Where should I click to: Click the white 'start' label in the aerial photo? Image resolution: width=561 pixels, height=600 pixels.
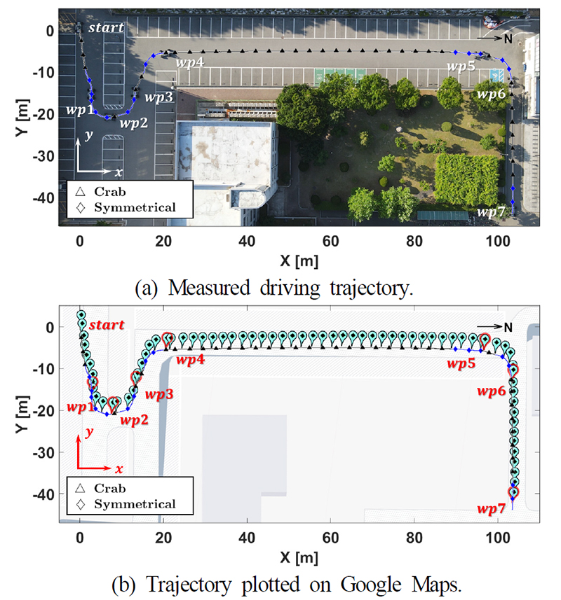tap(106, 27)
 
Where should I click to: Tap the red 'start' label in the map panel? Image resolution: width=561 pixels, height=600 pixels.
tap(107, 325)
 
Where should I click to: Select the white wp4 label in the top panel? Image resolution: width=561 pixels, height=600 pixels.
tap(189, 62)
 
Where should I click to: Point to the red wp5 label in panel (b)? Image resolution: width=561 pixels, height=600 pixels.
tap(461, 363)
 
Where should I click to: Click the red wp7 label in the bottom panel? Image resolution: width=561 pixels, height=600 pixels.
tap(491, 509)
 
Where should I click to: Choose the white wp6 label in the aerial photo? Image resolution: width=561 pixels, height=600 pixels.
tap(492, 94)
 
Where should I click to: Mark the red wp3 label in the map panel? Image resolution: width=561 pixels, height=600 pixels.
tap(159, 394)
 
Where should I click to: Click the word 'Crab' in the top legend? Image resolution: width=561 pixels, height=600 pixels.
tap(110, 191)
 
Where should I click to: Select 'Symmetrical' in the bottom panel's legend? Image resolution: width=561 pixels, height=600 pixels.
tap(135, 504)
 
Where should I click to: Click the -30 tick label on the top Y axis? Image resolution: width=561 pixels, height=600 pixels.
tap(43, 157)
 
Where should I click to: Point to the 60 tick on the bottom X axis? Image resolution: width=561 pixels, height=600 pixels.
tap(330, 538)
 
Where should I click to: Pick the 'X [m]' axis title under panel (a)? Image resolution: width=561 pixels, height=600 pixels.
tap(299, 261)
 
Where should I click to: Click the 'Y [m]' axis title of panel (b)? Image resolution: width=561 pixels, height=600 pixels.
tap(22, 414)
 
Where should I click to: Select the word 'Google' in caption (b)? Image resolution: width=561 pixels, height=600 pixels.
tap(370, 585)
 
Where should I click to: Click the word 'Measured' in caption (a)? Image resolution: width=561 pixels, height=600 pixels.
tap(209, 288)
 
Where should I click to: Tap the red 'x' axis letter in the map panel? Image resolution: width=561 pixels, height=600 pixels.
tap(119, 469)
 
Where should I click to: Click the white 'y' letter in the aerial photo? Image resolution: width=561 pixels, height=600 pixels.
tap(89, 135)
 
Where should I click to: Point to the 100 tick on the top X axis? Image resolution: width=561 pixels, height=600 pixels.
tap(498, 241)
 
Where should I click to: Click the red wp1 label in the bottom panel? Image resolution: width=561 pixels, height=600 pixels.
tap(81, 407)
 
